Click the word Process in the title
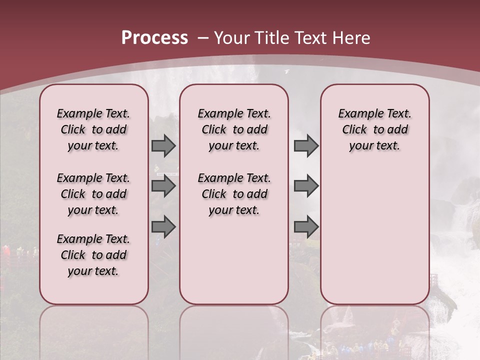(154, 37)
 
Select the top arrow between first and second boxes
(163, 145)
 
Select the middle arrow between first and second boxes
(163, 186)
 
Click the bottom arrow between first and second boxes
(163, 227)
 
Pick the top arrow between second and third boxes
(306, 145)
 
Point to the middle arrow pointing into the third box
(306, 186)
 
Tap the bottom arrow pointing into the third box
(306, 227)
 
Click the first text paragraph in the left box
(93, 129)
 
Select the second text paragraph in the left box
(93, 194)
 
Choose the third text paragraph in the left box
(93, 255)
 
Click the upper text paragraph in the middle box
(234, 129)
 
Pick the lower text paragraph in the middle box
(234, 194)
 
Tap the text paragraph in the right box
(375, 129)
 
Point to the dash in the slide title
(202, 38)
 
